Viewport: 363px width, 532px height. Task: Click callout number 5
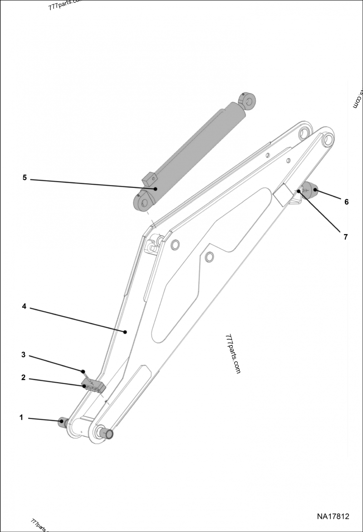coord(25,178)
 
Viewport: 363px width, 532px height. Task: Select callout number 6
coord(346,202)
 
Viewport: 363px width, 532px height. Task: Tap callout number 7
coord(345,237)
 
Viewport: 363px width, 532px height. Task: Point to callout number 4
coord(24,306)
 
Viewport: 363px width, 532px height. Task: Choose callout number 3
coord(23,355)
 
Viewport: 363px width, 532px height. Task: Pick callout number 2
coord(23,378)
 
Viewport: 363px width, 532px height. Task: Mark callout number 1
coord(21,418)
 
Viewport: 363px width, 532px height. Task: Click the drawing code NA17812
coord(333,517)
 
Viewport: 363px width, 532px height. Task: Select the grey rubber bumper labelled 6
coord(310,190)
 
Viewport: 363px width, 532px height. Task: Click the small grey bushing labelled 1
coord(63,422)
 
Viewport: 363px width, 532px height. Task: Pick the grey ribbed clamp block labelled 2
coord(93,386)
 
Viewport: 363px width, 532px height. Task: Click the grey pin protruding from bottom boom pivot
coord(106,433)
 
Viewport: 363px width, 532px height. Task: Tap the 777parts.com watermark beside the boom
coord(233,354)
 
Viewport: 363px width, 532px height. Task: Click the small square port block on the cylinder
coord(148,179)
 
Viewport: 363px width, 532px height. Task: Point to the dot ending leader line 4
coord(126,332)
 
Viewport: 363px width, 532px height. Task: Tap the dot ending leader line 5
coord(155,189)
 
